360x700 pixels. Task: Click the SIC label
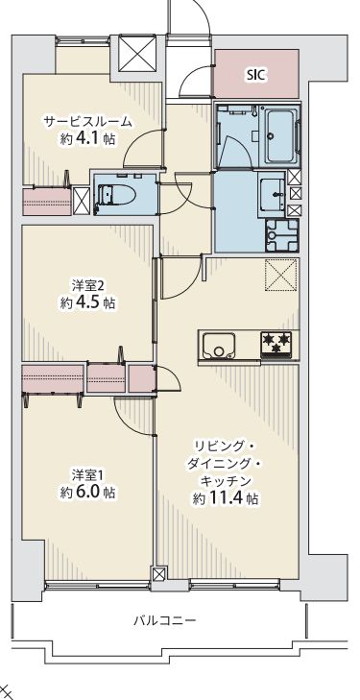(255, 74)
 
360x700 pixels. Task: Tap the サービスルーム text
(86, 122)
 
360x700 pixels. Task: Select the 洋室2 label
(87, 285)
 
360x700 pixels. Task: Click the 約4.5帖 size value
(87, 302)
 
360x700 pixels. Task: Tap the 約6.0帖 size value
(87, 492)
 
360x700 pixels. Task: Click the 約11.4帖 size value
(224, 498)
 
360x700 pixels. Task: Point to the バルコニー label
(164, 621)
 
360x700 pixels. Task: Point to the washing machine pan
(283, 233)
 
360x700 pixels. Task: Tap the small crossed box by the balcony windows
(159, 575)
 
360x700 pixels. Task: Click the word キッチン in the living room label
(227, 479)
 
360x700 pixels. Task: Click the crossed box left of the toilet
(82, 199)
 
